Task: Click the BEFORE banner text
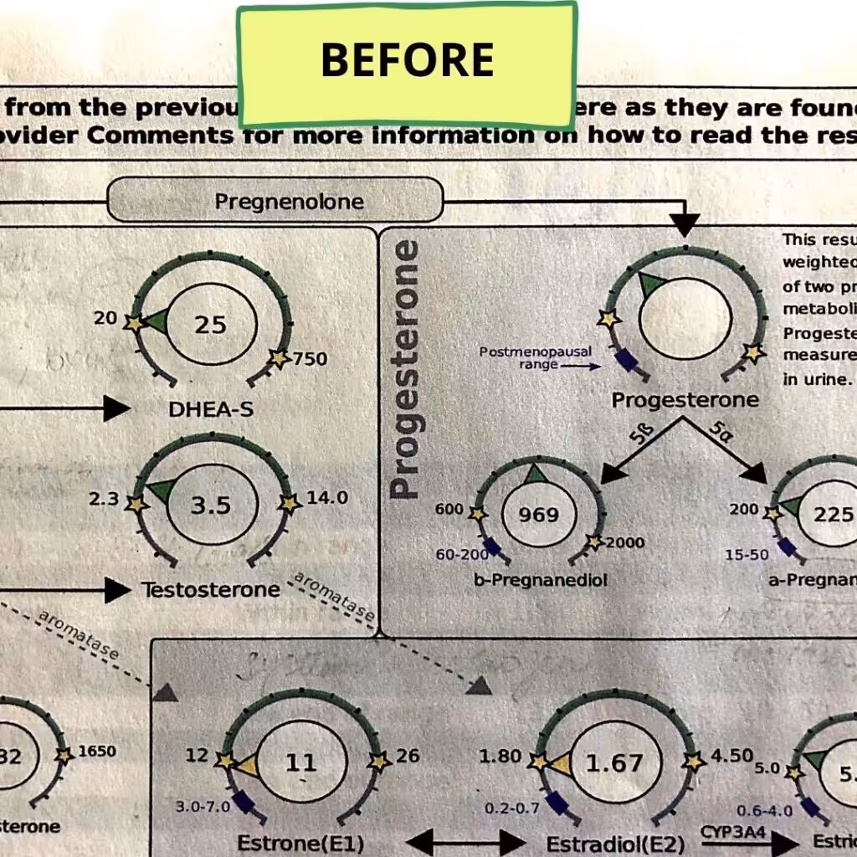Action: point(407,60)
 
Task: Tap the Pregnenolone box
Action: point(275,202)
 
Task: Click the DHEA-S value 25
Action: point(211,325)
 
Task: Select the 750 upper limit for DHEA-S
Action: point(310,359)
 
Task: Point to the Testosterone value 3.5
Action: point(210,505)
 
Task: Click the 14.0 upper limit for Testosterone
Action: point(327,498)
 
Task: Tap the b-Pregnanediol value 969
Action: point(539,514)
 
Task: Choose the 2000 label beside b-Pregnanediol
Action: point(625,542)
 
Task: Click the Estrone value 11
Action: point(300,762)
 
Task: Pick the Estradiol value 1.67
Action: point(613,762)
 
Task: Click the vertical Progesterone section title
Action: point(406,369)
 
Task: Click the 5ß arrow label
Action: point(638,435)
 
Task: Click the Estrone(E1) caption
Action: point(300,843)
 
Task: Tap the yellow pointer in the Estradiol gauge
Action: point(561,763)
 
